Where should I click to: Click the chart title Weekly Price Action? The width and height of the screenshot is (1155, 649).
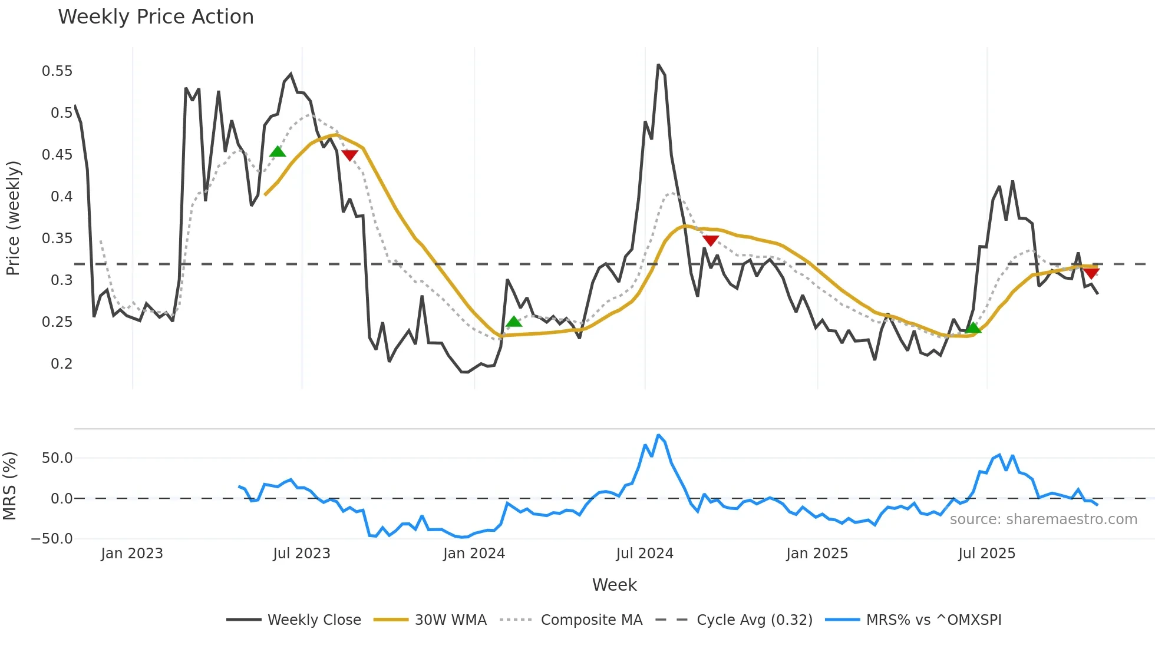(156, 17)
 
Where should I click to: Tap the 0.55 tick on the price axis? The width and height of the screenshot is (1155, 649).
(57, 71)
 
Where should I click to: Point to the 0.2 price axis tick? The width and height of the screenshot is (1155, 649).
(61, 364)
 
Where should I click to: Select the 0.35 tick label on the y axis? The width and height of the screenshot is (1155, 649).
(57, 239)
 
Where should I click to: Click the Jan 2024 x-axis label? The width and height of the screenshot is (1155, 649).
(474, 554)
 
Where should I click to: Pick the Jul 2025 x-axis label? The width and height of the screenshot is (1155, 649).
(986, 554)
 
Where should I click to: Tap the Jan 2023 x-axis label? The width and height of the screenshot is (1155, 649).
(132, 554)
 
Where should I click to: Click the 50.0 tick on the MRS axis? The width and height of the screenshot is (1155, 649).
(57, 458)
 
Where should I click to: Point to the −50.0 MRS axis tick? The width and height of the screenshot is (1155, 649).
(52, 539)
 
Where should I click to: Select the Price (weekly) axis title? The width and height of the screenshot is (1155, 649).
(13, 218)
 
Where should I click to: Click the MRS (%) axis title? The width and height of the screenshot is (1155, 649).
(9, 486)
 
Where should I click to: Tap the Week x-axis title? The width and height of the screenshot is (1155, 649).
(614, 585)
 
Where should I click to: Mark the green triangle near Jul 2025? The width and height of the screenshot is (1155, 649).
(973, 328)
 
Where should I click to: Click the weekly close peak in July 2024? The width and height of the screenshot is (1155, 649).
(658, 65)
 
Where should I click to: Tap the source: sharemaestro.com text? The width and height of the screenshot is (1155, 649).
(1043, 519)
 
